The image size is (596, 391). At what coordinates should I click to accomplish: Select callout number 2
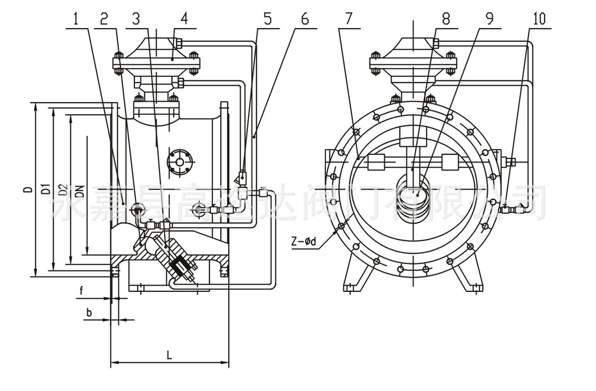pos(104,18)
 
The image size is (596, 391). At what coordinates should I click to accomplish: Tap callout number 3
pos(136,18)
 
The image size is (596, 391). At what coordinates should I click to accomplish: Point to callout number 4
pos(183,18)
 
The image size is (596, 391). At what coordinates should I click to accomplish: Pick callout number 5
pos(267,18)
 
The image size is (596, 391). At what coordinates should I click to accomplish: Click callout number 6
pos(305,18)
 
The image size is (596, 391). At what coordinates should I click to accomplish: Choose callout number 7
pos(348,18)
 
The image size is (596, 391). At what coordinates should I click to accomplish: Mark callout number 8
pos(446,18)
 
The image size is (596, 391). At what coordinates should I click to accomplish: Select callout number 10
pos(539,18)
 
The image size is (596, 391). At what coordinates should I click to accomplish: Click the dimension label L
pos(169,354)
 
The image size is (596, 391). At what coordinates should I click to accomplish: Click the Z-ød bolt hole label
pos(306,239)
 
